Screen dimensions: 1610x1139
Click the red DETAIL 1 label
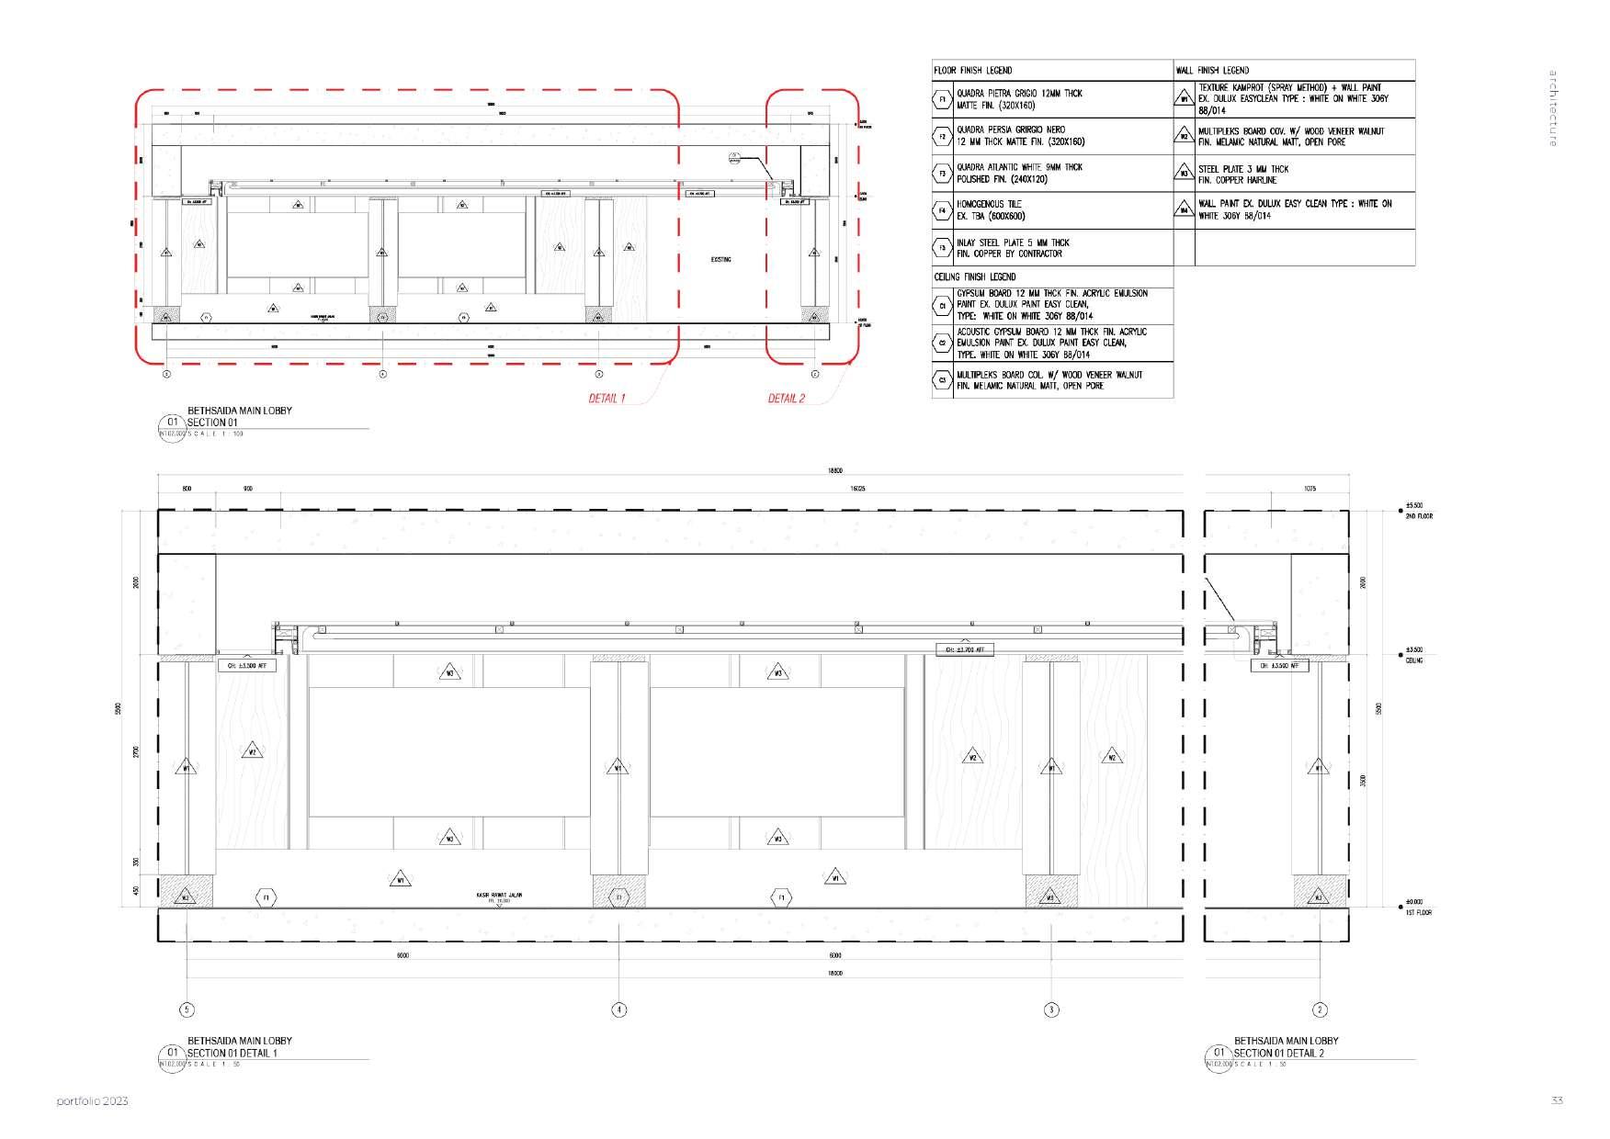(607, 399)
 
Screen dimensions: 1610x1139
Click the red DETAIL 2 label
(786, 399)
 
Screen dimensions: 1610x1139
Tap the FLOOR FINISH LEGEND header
(972, 70)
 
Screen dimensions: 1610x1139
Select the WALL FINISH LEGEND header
(1212, 70)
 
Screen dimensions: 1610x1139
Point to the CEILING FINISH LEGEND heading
(975, 276)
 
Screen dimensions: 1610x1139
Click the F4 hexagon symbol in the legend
(942, 210)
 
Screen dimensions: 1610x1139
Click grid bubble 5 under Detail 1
(187, 1009)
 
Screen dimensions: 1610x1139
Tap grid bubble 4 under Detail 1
(619, 1009)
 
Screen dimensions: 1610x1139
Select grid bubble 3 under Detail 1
(1051, 1009)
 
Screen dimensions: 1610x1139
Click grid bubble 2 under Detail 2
(1320, 1009)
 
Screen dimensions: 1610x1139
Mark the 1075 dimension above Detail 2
(1310, 489)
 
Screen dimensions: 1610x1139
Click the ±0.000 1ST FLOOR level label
(1418, 907)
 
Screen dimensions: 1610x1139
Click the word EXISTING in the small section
(721, 260)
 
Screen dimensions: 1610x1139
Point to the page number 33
(1557, 1100)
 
